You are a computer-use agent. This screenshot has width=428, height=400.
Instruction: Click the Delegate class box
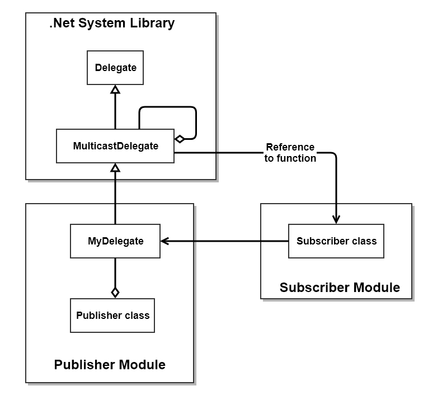click(115, 68)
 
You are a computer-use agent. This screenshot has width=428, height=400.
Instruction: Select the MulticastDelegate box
click(115, 146)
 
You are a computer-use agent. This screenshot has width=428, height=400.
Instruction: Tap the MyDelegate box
click(115, 241)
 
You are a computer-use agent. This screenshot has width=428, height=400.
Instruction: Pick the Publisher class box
click(112, 316)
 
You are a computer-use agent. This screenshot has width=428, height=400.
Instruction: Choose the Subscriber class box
click(336, 241)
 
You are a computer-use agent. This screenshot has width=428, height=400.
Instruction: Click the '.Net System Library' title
click(112, 23)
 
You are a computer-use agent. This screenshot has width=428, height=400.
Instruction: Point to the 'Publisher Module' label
click(110, 365)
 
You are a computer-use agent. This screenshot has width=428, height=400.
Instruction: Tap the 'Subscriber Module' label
click(340, 288)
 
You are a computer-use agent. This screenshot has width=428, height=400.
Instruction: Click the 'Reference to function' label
click(290, 153)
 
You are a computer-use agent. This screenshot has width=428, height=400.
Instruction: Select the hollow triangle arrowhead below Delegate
click(115, 89)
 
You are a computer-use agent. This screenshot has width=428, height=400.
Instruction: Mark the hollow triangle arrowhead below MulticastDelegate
click(115, 167)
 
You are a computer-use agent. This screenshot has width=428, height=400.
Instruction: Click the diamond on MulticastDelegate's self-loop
click(180, 139)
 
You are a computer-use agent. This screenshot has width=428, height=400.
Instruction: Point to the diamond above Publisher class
click(115, 293)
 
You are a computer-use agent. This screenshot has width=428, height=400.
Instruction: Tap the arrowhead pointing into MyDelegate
click(164, 241)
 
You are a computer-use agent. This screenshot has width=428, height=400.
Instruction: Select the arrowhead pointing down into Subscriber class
click(336, 219)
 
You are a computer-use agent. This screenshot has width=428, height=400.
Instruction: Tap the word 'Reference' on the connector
click(290, 147)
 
